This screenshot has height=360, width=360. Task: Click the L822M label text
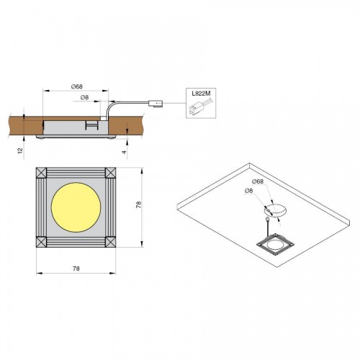(201, 94)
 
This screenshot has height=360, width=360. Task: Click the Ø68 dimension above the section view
(77, 86)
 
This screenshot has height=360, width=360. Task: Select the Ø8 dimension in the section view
(85, 97)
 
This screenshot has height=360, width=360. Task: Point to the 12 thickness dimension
(20, 150)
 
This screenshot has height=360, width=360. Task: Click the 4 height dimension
(124, 152)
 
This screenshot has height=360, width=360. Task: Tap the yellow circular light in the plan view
(76, 207)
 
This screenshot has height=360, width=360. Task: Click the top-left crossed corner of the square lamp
(41, 173)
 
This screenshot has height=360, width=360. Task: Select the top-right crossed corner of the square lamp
(111, 173)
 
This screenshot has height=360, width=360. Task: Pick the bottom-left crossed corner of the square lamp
(41, 242)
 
